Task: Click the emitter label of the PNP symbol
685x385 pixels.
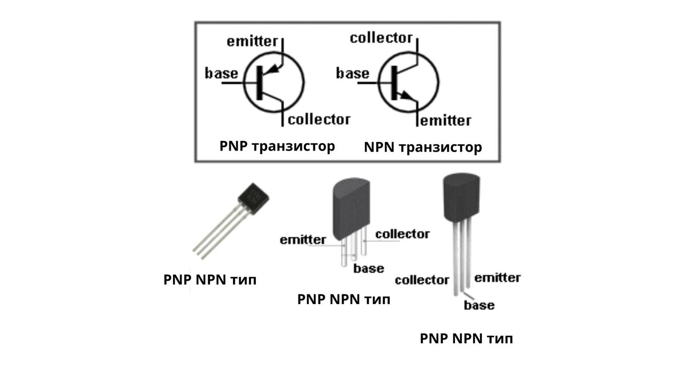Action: click(x=252, y=42)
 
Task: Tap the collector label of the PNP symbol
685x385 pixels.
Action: click(x=319, y=120)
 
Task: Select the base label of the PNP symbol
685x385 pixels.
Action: click(x=221, y=74)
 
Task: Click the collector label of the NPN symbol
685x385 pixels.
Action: click(x=381, y=38)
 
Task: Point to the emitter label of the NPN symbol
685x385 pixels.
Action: click(x=446, y=121)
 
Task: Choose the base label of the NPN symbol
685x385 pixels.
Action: click(x=353, y=74)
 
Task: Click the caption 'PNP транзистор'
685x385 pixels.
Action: click(x=277, y=147)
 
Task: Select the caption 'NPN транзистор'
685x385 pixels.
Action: click(x=423, y=147)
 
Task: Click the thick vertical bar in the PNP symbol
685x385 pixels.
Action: click(x=260, y=83)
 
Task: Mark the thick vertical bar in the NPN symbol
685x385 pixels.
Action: click(x=394, y=83)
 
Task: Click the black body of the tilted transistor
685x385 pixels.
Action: click(x=253, y=198)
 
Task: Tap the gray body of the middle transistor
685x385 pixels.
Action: click(x=352, y=208)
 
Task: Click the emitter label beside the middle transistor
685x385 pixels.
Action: click(x=303, y=240)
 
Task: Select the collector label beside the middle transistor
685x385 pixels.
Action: click(x=402, y=234)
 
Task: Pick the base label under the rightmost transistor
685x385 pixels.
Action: click(x=479, y=305)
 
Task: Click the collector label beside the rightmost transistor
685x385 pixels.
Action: click(x=422, y=280)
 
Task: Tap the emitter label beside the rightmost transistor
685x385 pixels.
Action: click(x=498, y=278)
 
